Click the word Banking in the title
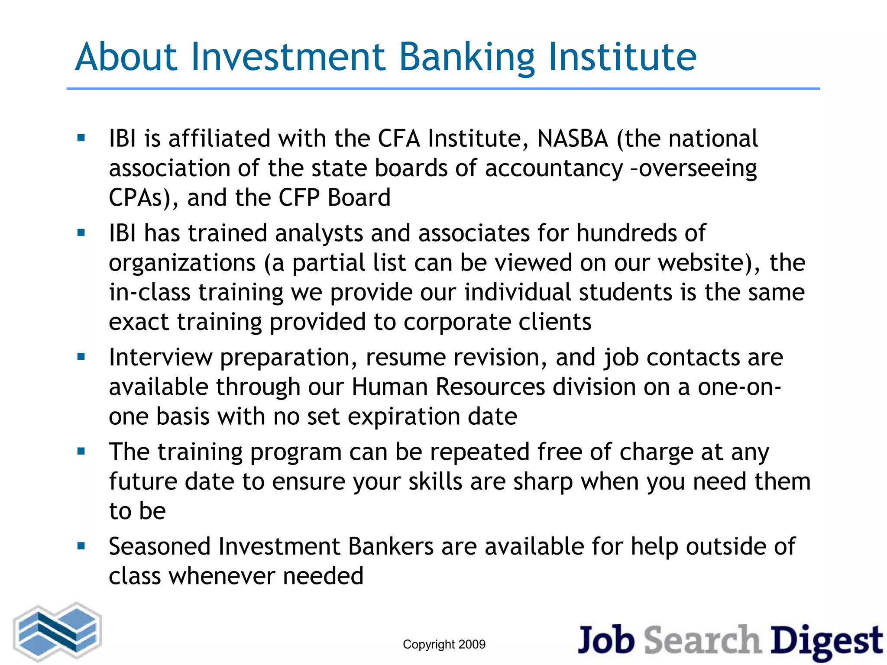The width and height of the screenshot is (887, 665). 466,58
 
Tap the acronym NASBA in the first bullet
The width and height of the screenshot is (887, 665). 573,139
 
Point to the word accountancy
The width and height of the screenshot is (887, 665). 554,169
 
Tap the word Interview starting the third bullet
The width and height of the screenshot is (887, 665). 160,358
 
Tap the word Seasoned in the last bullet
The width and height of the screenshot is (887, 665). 159,547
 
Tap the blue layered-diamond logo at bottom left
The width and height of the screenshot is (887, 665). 58,633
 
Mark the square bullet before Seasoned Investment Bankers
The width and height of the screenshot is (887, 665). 81,546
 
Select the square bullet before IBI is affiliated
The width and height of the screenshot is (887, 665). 81,138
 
